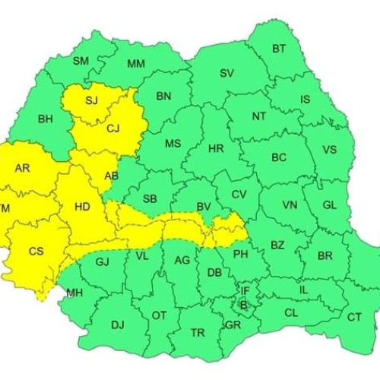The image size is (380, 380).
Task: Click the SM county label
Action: pos(81,61)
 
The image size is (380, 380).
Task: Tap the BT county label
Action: pos(279,49)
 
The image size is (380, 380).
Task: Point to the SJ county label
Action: pos(92,100)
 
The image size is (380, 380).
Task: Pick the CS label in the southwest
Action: pos(36,252)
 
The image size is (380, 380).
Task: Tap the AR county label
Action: pos(22,168)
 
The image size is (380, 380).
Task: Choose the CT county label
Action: pos(354,317)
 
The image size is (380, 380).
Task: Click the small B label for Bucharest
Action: pos(243,304)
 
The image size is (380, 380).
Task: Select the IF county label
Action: pos(245,290)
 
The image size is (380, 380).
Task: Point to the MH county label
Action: pos(74,293)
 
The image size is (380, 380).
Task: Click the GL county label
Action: pos(329,205)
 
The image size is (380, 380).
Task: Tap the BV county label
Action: pos(203,207)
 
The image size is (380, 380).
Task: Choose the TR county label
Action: pos(198,333)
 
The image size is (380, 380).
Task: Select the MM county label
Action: pos(136,64)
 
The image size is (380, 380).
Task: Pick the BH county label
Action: pos(46,119)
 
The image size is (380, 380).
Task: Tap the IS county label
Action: pos(306,100)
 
